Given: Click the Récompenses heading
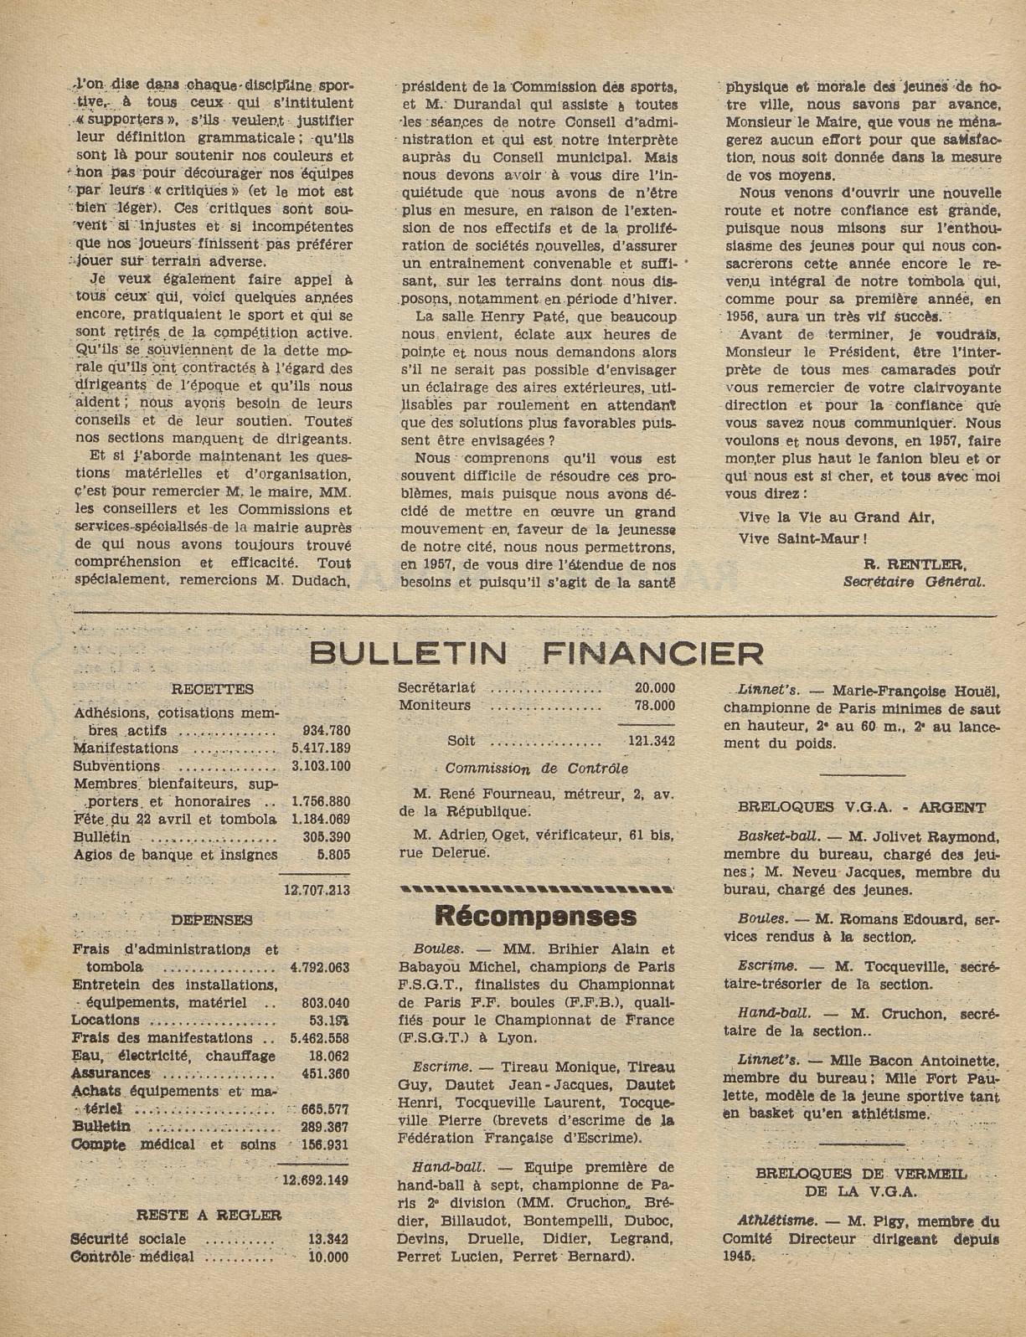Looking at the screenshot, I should (x=536, y=916).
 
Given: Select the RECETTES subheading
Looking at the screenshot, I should (x=212, y=690).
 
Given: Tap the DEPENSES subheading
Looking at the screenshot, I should (x=212, y=920).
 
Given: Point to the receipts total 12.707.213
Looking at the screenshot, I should (x=317, y=891).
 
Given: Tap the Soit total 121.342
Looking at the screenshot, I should (x=651, y=741).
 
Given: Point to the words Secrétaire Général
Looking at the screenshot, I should (x=915, y=581).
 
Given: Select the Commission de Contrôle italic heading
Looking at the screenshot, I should (x=536, y=768).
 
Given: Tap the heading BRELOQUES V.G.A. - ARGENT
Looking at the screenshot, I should (x=862, y=808).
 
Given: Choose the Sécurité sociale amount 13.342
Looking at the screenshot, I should (x=327, y=1239).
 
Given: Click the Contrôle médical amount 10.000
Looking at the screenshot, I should (x=327, y=1257).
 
